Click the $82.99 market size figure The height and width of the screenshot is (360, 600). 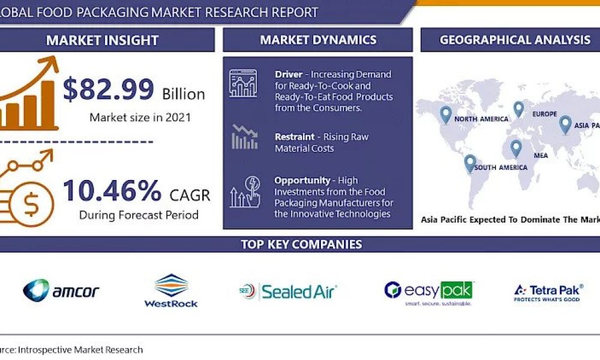[x=109, y=90]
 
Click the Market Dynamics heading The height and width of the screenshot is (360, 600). [x=318, y=40]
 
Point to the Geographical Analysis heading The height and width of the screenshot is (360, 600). [x=515, y=40]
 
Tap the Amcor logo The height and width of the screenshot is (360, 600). [x=61, y=292]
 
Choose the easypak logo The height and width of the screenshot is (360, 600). [x=428, y=292]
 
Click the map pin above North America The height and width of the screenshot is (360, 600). [x=445, y=115]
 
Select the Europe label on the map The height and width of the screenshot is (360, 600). [x=544, y=114]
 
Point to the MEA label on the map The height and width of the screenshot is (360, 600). [x=541, y=155]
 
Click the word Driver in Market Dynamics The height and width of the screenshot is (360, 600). [x=289, y=74]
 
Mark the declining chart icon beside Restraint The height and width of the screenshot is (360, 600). [x=244, y=137]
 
